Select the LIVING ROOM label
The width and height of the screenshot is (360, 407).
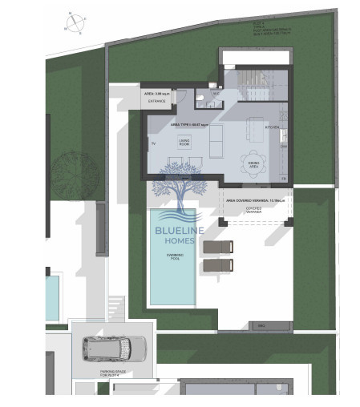pyautogui.click(x=187, y=141)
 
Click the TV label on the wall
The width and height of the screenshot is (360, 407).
pyautogui.click(x=152, y=143)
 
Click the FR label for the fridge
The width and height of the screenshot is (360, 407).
pyautogui.click(x=284, y=177)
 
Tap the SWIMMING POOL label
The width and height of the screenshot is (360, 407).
pyautogui.click(x=175, y=256)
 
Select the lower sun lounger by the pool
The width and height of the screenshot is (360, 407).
pyautogui.click(x=218, y=264)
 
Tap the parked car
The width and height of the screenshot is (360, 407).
pyautogui.click(x=114, y=349)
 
